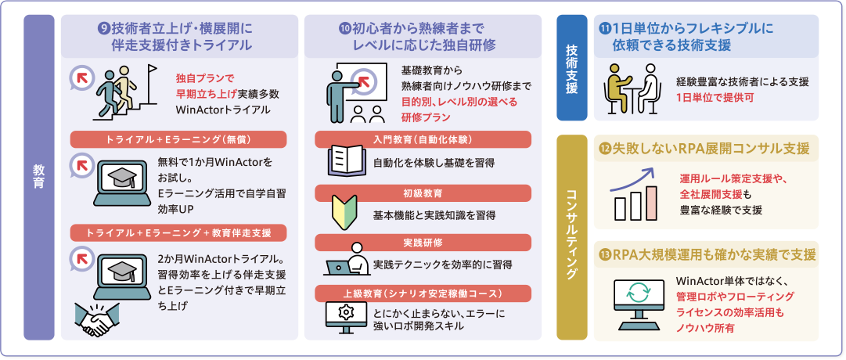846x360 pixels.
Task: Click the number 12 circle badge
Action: point(603,149)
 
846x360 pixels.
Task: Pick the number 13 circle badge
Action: point(603,254)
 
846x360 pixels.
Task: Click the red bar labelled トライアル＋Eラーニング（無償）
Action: point(179,139)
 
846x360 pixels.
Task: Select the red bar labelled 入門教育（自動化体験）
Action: point(423,139)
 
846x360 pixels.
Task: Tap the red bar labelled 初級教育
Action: point(423,192)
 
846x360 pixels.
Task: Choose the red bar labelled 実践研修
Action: point(423,241)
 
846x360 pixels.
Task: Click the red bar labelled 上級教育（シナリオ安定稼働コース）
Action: point(423,293)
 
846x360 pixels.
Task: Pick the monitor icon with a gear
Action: point(344,317)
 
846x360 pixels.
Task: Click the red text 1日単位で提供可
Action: point(715,98)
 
